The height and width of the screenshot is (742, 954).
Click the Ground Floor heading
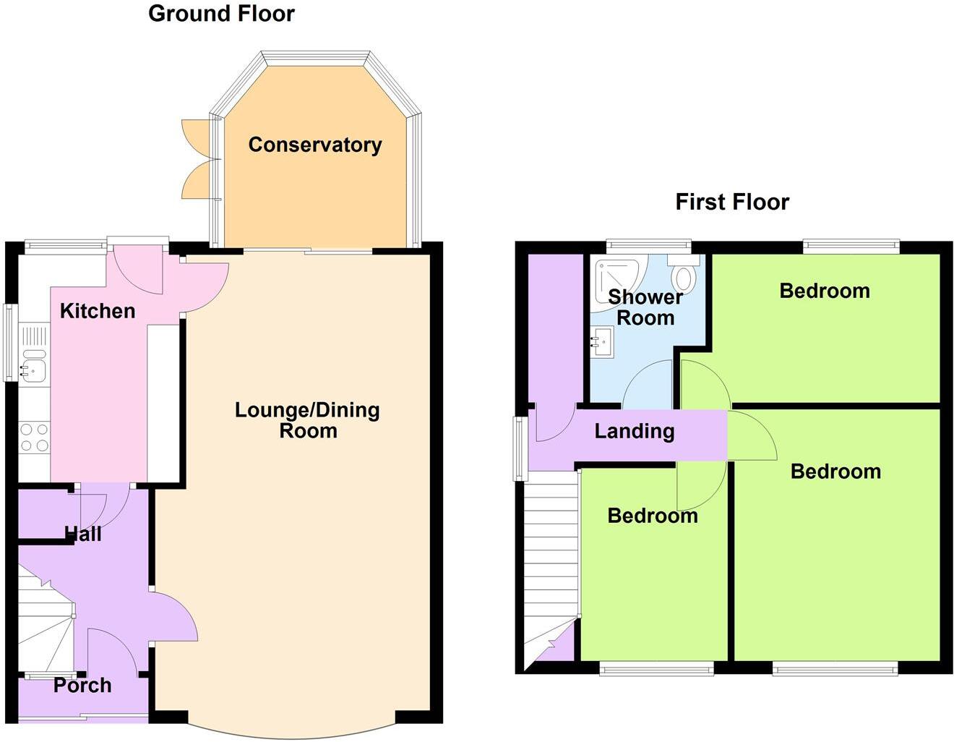[x=221, y=14]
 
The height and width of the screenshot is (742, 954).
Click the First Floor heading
[x=731, y=202]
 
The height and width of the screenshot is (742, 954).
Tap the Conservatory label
[x=315, y=145]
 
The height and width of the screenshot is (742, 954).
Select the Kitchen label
[x=98, y=311]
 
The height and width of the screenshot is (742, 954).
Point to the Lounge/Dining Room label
[x=308, y=420]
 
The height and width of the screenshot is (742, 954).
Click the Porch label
[x=82, y=685]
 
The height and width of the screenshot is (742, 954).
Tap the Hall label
[x=83, y=534]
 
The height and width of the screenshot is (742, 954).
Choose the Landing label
[x=634, y=431]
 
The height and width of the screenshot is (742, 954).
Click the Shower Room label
[x=645, y=307]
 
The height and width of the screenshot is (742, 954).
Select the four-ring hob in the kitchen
[x=33, y=438]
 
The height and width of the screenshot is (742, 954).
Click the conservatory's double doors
[x=197, y=159]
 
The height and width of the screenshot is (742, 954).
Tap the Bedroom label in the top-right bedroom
[x=824, y=291]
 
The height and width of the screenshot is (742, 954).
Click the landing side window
[x=520, y=448]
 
